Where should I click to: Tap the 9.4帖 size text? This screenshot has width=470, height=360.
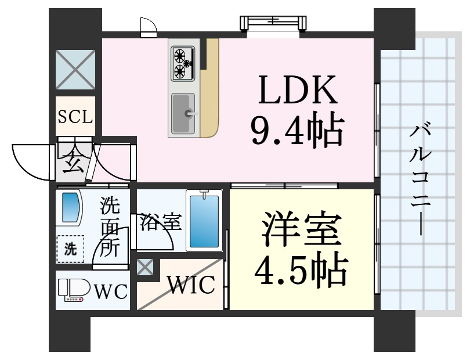[296, 131]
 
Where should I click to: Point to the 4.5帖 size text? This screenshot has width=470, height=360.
[302, 268]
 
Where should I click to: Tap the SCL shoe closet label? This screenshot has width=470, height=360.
[75, 117]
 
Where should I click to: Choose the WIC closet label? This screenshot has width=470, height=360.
[191, 285]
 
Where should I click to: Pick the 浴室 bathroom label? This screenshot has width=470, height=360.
[160, 222]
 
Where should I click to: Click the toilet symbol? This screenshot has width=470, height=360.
[73, 290]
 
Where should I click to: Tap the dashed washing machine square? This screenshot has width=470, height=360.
[70, 250]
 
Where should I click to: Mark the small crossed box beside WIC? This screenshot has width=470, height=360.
[145, 268]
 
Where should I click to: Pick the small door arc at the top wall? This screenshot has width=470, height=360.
[149, 27]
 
